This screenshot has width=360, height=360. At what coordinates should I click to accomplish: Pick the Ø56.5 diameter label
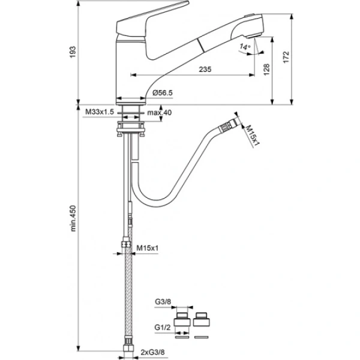[163, 93]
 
